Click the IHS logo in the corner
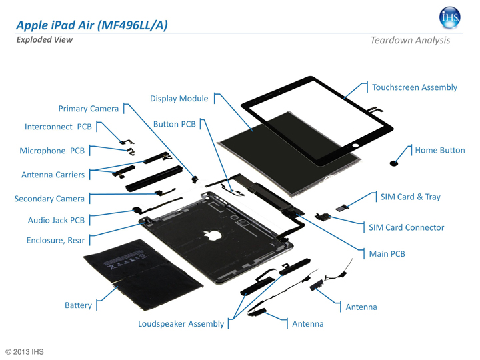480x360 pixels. [x=450, y=18]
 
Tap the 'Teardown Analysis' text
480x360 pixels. [x=410, y=41]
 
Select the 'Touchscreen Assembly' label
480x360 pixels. [x=414, y=87]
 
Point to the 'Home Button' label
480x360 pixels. [x=439, y=151]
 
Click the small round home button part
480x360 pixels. [x=394, y=163]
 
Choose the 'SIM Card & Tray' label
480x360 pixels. [x=410, y=197]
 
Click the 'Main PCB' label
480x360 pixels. [x=387, y=254]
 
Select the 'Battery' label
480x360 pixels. [x=78, y=305]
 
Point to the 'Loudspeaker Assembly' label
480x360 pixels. [x=181, y=324]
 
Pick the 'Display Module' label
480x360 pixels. [x=179, y=99]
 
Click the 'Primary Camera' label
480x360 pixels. [x=89, y=109]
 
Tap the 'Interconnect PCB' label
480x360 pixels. [x=58, y=127]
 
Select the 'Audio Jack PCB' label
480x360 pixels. [x=56, y=220]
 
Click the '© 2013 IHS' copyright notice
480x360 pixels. [x=25, y=351]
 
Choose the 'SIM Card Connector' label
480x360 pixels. [x=406, y=227]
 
